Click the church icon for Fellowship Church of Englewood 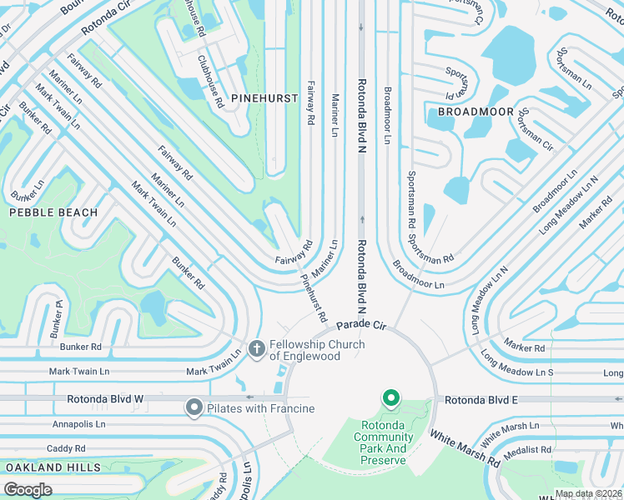pyautogui.click(x=256, y=346)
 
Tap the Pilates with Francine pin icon pyautogui.click(x=194, y=407)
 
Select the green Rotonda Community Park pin pyautogui.click(x=390, y=399)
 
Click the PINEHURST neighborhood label pyautogui.click(x=264, y=98)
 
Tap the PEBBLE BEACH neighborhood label pyautogui.click(x=53, y=212)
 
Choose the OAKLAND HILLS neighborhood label pyautogui.click(x=53, y=468)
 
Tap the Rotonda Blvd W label pyautogui.click(x=105, y=400)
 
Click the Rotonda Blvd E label pyautogui.click(x=481, y=401)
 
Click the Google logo pyautogui.click(x=28, y=489)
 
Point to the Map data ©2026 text pyautogui.click(x=587, y=493)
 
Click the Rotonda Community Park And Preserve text pyautogui.click(x=384, y=442)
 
